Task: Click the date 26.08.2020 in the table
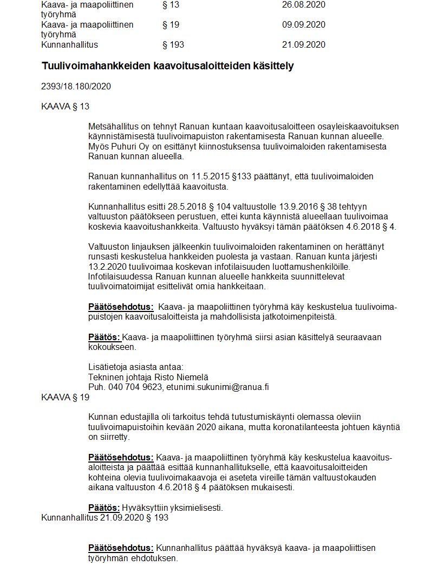pos(303,5)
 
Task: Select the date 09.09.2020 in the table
pos(303,25)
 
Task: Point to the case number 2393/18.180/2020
pos(76,86)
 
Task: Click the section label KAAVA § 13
pos(65,106)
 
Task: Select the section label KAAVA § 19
pos(65,397)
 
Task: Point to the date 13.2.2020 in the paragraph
pos(109,266)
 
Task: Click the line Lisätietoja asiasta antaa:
pos(135,367)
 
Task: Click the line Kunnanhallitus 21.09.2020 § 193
pos(105,517)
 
